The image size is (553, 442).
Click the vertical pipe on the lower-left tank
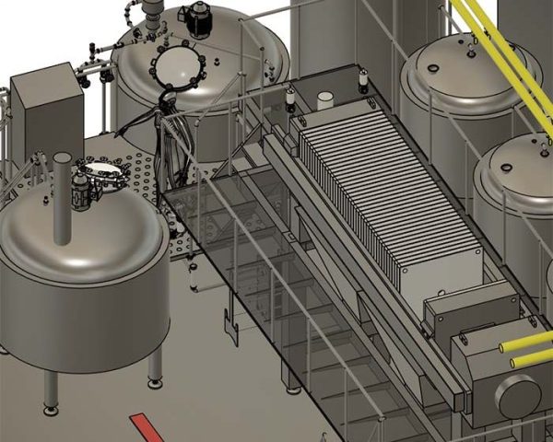[x=63, y=198]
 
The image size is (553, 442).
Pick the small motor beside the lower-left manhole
[x=80, y=191]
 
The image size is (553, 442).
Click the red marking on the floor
[x=147, y=427]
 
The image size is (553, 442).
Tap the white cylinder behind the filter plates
[x=324, y=99]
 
